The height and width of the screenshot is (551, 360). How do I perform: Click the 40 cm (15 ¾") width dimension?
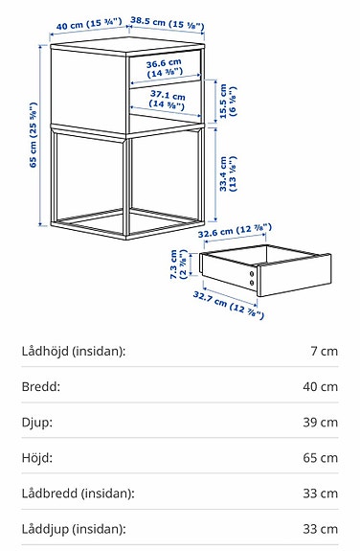click(x=82, y=22)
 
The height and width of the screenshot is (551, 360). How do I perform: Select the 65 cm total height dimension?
click(x=35, y=134)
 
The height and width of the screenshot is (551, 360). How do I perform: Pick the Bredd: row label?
click(x=40, y=387)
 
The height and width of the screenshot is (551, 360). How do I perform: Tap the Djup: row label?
click(x=37, y=423)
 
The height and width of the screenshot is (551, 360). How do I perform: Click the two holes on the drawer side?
click(x=253, y=279)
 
